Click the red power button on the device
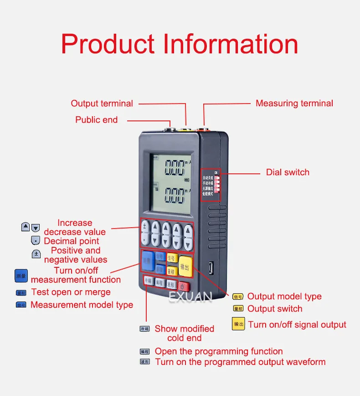pyautogui.click(x=183, y=287)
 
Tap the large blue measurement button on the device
pyautogui.click(x=147, y=261)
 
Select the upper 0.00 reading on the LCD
pyautogui.click(x=175, y=167)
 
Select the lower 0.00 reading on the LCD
pyautogui.click(x=175, y=196)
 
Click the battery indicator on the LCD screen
pyautogui.click(x=186, y=180)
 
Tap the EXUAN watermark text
pyautogui.click(x=190, y=297)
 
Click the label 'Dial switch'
pyautogui.click(x=288, y=172)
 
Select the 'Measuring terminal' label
pyautogui.click(x=294, y=104)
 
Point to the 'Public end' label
pyautogui.click(x=96, y=120)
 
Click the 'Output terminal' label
pyautogui.click(x=102, y=104)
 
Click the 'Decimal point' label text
pyautogui.click(x=71, y=241)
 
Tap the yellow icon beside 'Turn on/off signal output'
pyautogui.click(x=238, y=324)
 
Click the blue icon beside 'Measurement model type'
pyautogui.click(x=21, y=305)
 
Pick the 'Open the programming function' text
pyautogui.click(x=219, y=351)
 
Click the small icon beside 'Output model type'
pyautogui.click(x=238, y=297)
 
